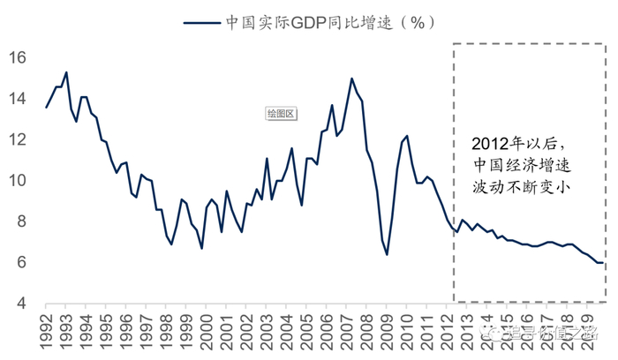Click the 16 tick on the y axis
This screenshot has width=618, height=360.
[19, 58]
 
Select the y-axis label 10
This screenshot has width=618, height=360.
[19, 181]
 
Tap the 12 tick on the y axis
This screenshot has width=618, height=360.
[19, 139]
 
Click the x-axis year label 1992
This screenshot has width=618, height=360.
[46, 327]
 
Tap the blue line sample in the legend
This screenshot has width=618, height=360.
[201, 25]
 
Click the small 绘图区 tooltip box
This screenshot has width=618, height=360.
[280, 113]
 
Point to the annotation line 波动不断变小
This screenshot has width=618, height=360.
[524, 187]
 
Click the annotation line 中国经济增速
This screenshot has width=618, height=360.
[524, 166]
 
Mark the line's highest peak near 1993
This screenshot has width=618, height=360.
[66, 72]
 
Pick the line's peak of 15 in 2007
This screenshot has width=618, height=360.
[352, 79]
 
